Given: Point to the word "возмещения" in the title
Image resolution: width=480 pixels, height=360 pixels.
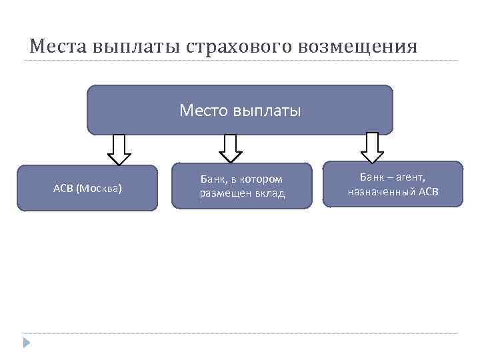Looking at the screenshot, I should [x=360, y=46].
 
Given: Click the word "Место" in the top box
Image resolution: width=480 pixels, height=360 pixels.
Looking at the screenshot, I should [x=204, y=110].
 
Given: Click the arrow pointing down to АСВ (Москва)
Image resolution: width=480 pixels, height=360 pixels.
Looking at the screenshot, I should [x=119, y=149].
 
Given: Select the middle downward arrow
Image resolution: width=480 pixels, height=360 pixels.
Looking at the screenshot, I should [x=231, y=148].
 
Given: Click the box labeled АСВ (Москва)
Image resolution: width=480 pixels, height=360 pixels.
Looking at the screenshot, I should [x=87, y=188].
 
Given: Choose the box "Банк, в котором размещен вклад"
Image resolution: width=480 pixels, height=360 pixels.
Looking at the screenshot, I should [x=241, y=186].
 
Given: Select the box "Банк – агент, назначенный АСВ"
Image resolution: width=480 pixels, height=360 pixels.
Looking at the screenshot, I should [x=392, y=184].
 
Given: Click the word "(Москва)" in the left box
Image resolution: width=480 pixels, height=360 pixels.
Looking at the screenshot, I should [x=99, y=188].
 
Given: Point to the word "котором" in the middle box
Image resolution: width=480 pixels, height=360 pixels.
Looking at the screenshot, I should [x=260, y=179].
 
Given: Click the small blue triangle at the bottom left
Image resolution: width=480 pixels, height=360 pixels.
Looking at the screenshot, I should [x=27, y=343].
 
